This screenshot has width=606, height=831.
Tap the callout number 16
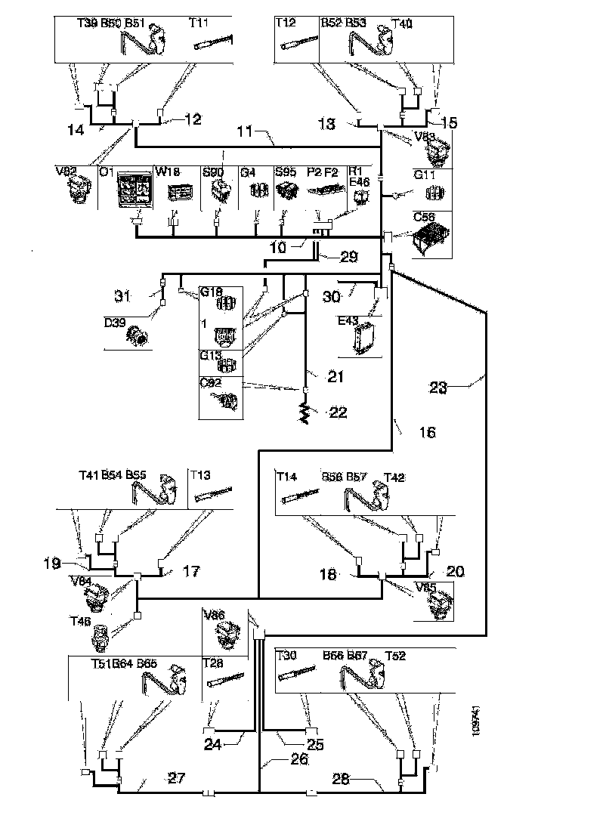(x=427, y=433)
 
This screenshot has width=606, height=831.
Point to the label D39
(x=114, y=323)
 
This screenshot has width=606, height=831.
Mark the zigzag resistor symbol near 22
(x=306, y=412)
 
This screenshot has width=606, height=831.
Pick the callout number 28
(x=342, y=778)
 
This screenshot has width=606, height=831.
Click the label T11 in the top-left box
(x=199, y=23)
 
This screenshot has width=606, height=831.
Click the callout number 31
(x=123, y=295)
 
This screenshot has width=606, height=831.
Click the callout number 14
(x=76, y=130)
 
